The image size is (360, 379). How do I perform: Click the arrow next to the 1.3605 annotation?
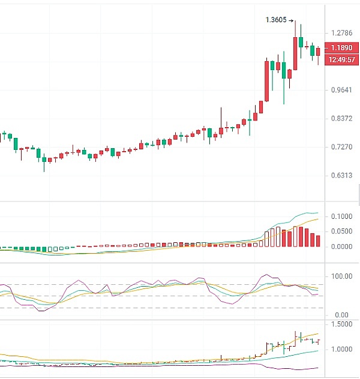point(291,20)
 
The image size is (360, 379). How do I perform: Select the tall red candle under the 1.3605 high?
point(295,53)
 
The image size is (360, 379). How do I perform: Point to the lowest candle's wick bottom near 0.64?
point(44,171)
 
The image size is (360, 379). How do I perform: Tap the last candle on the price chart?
point(318,52)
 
